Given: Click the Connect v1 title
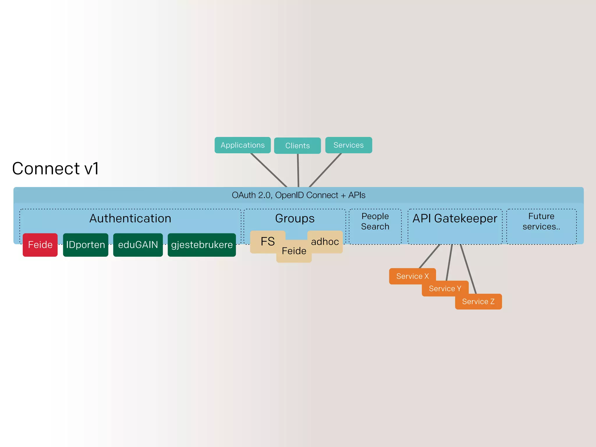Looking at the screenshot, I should click(x=55, y=168).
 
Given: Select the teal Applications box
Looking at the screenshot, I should click(x=242, y=145).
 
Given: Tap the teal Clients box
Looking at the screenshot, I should click(x=297, y=146).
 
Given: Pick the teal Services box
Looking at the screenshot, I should click(x=348, y=145).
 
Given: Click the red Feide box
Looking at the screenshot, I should click(x=40, y=245).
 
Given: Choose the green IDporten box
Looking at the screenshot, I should click(x=86, y=245).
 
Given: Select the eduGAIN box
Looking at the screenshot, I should click(x=138, y=245).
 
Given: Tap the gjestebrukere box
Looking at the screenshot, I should click(x=202, y=245).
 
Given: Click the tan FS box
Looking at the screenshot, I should click(x=267, y=242).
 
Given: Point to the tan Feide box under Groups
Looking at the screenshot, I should click(x=294, y=251).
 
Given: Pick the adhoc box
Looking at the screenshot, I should click(x=325, y=242).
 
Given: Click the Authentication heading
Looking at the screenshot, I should click(x=130, y=219).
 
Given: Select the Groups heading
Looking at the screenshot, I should click(x=295, y=219).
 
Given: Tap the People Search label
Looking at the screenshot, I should click(x=375, y=221).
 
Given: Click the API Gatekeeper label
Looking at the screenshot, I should click(x=455, y=219).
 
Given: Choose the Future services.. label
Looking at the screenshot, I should click(x=541, y=221).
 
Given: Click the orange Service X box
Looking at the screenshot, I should click(x=412, y=276).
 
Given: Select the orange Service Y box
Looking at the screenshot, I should click(x=445, y=288).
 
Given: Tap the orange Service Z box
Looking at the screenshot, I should click(x=478, y=302).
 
